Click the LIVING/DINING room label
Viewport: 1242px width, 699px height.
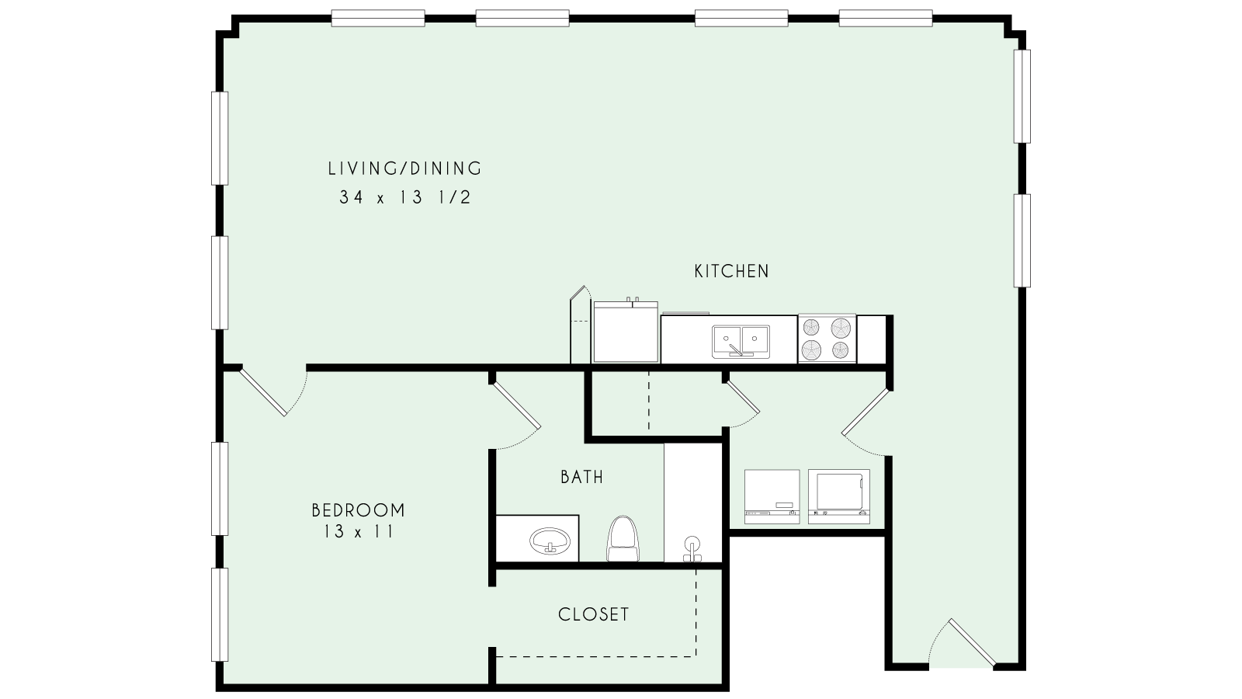404,169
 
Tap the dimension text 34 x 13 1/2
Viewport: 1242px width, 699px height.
404,198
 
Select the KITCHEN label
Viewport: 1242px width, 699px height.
731,272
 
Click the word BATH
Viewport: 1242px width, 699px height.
582,477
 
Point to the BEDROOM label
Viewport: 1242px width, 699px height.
358,510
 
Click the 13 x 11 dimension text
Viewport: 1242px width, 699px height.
358,532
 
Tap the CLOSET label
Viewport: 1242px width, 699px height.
594,614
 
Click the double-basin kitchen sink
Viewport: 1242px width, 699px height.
741,340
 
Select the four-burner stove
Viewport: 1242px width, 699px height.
827,339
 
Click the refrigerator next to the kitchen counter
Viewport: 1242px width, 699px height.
625,334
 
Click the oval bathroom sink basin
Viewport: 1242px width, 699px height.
550,539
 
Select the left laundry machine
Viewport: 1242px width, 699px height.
772,496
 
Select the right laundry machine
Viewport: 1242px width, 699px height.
838,496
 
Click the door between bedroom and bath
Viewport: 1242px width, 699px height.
517,406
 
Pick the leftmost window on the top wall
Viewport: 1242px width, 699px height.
377,18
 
